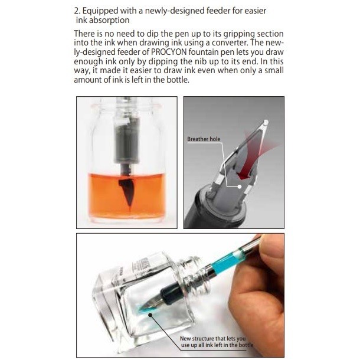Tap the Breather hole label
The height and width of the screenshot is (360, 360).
click(203, 139)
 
